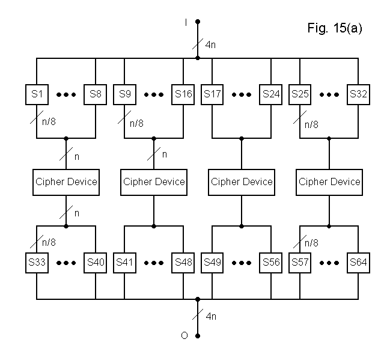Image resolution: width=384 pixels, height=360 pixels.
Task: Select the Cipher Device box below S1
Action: tap(66, 182)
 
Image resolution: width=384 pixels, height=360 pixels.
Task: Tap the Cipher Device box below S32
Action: tap(329, 182)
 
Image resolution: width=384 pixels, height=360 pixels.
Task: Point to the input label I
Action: tap(186, 22)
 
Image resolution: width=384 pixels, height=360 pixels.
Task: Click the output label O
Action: tap(185, 335)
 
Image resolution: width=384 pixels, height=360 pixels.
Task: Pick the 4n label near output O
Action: tap(211, 316)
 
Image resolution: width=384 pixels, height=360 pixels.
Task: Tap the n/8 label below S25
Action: tap(311, 124)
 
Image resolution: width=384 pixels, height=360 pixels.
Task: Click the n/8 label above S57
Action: tap(311, 243)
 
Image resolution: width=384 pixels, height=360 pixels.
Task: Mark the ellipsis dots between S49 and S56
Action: tap(242, 263)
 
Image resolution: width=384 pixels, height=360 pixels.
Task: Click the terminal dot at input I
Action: tap(198, 22)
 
